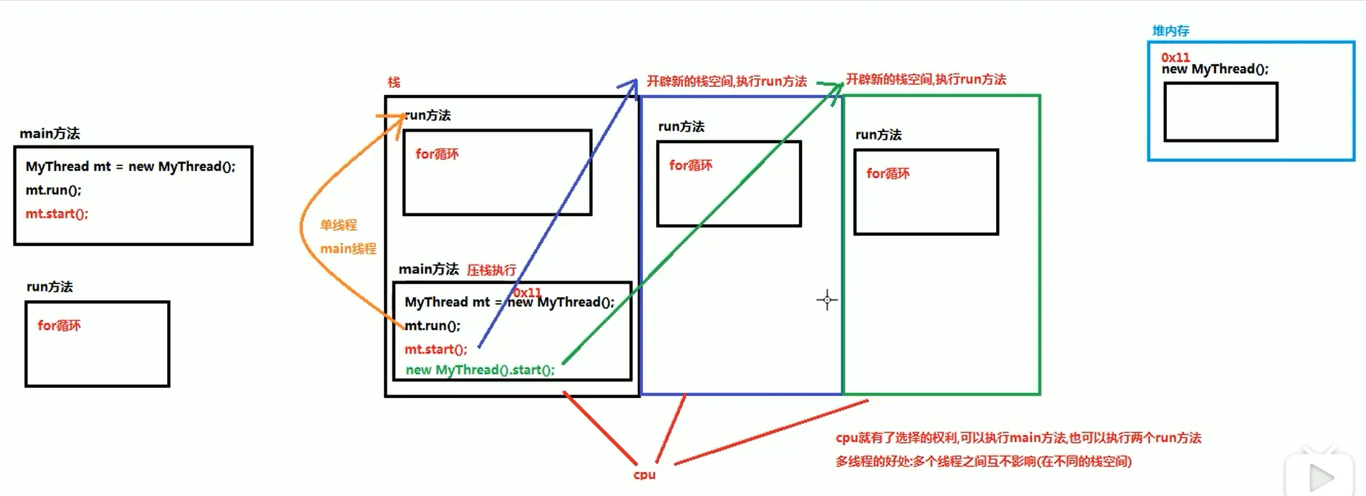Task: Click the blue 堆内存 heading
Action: coord(1170,31)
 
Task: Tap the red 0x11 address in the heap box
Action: coord(1175,57)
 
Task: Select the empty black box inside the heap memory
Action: coord(1220,112)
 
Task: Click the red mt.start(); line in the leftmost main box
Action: coord(57,214)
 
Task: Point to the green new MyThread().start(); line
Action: coord(480,370)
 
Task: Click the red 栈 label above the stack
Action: coord(394,83)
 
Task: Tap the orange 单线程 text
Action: coord(339,225)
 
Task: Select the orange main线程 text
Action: coord(348,249)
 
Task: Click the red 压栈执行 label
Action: coord(491,270)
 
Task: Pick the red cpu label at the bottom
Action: coord(644,475)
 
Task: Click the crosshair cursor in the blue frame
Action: coord(827,299)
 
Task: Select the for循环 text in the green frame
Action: coord(887,174)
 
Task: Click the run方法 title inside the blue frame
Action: coord(681,126)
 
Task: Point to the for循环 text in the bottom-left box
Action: coord(59,326)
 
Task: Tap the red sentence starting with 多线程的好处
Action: coord(983,462)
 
